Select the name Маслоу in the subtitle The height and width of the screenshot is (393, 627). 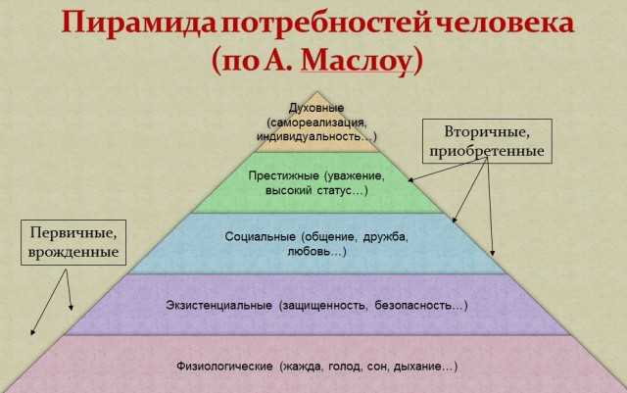pos(356,61)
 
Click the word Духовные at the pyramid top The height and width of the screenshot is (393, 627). pos(316,108)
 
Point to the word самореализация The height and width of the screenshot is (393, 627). pos(317,123)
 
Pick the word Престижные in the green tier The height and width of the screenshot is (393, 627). pos(283,176)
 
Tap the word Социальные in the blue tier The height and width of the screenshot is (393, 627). pos(260,237)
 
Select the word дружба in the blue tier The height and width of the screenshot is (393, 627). pos(384,237)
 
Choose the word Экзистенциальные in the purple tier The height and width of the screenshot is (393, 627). pos(218,306)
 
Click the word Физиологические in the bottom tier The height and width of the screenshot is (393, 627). pos(224,367)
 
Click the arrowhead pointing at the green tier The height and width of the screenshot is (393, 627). pos(410,180)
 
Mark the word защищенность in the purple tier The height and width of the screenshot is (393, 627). pos(323,306)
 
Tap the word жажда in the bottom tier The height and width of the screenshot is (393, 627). pos(300,367)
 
